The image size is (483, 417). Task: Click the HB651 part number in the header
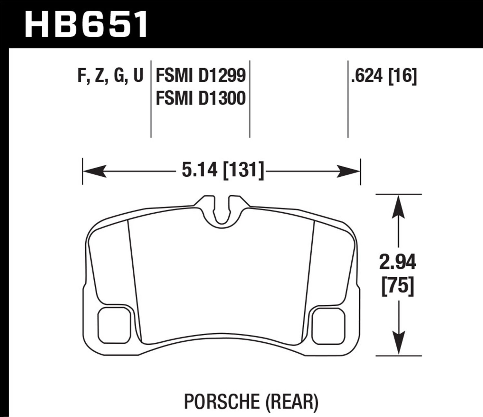pyautogui.click(x=86, y=24)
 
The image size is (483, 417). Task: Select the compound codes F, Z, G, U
pyautogui.click(x=110, y=76)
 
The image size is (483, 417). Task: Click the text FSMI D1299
pyautogui.click(x=201, y=76)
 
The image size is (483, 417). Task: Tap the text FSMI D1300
pyautogui.click(x=201, y=98)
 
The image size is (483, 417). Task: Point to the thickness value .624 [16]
pyautogui.click(x=384, y=76)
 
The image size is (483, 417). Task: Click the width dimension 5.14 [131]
pyautogui.click(x=223, y=170)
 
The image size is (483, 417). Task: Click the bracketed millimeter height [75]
pyautogui.click(x=398, y=285)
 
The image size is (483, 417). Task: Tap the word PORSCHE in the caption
pyautogui.click(x=222, y=401)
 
